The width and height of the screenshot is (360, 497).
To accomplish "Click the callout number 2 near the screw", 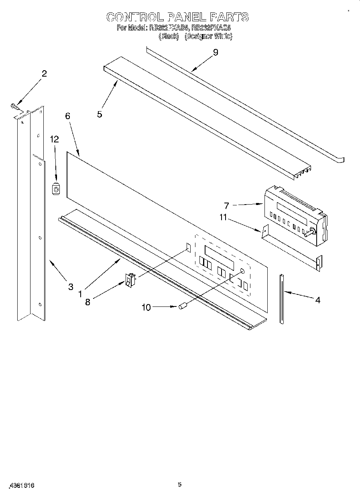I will [44, 73].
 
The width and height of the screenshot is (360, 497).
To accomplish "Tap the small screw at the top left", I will [14, 106].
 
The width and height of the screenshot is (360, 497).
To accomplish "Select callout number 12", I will [54, 139].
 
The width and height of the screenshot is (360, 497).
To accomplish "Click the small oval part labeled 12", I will [57, 189].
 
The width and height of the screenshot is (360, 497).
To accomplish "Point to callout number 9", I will [216, 53].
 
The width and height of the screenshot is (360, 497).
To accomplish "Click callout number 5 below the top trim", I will [100, 114].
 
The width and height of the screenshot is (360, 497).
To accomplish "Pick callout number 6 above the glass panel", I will [67, 116].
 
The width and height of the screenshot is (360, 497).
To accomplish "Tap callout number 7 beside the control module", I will [227, 206].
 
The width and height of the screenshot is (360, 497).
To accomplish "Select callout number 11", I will [223, 217].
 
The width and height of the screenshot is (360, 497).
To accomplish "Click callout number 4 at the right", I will [317, 300].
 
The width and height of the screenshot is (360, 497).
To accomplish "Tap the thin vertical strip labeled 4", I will [282, 298].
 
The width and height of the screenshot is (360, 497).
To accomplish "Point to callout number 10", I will [146, 308].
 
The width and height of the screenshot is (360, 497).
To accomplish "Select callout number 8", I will [87, 302].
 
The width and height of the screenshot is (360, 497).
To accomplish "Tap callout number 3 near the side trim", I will [71, 286].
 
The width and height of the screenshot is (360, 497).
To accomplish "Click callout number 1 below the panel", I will [80, 294].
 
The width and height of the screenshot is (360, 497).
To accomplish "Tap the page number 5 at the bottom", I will [180, 485].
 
